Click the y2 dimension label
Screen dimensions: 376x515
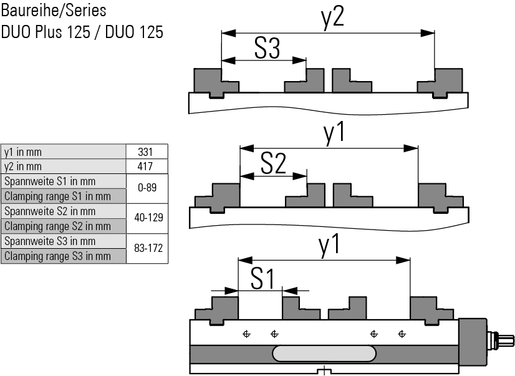click(x=332, y=18)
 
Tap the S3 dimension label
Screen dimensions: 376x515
click(x=266, y=48)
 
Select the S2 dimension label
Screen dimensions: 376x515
click(x=272, y=163)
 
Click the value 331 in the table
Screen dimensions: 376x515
click(x=147, y=152)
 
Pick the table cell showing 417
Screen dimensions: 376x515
click(x=147, y=166)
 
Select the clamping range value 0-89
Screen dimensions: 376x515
click(x=147, y=188)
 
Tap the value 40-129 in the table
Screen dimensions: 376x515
click(x=147, y=218)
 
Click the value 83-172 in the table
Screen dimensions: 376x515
click(x=148, y=248)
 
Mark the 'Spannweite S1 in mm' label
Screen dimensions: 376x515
click(x=50, y=181)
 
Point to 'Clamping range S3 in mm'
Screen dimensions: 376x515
click(x=57, y=256)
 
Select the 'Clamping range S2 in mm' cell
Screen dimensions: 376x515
click(x=57, y=226)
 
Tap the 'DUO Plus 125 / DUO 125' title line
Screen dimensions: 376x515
click(x=82, y=31)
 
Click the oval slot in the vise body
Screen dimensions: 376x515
click(x=324, y=353)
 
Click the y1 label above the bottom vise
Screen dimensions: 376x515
click(x=330, y=244)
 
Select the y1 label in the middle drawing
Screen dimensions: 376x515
click(x=335, y=133)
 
